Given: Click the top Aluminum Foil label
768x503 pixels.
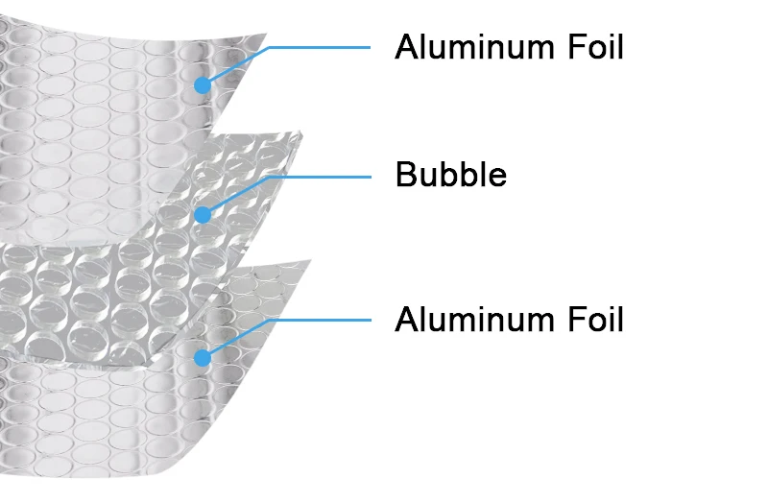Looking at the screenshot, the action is tap(509, 46).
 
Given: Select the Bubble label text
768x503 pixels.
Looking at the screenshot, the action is tap(450, 175).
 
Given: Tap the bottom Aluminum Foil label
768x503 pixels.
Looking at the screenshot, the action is tap(509, 319).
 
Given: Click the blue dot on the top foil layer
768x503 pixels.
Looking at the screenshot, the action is tap(202, 85).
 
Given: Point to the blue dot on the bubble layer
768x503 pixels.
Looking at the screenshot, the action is tap(202, 215).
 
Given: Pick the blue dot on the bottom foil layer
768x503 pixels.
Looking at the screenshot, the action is tap(202, 358).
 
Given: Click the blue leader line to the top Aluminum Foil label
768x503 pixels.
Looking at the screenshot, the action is tap(317, 46).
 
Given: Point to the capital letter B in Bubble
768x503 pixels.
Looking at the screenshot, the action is tap(406, 175).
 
